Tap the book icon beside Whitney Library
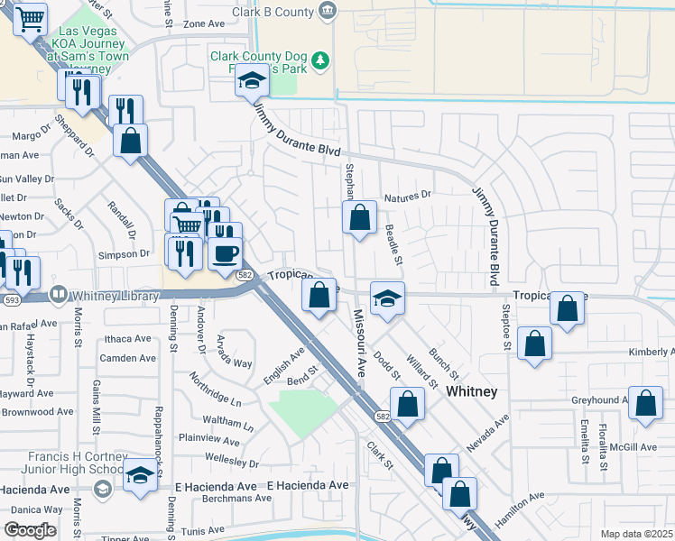[59, 294]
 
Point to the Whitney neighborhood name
[472, 391]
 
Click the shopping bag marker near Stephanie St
[359, 217]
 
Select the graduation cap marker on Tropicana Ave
[387, 298]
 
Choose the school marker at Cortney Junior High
[140, 474]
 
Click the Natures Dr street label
[408, 196]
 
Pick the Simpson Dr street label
[125, 255]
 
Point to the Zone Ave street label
[203, 24]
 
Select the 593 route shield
[13, 298]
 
